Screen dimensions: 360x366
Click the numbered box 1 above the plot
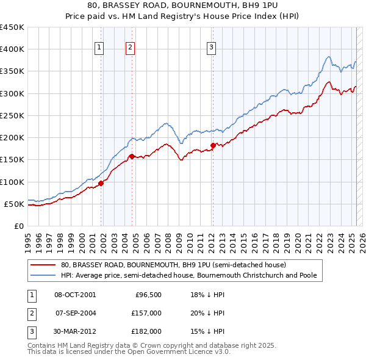click(99, 49)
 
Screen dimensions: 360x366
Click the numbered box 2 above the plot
click(130, 49)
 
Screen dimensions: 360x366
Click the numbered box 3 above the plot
click(211, 49)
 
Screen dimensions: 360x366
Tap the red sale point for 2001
click(101, 183)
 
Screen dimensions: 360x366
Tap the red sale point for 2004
click(132, 157)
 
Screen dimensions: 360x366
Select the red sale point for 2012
click(213, 145)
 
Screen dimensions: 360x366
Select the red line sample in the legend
click(43, 265)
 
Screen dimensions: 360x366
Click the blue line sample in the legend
click(43, 276)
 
